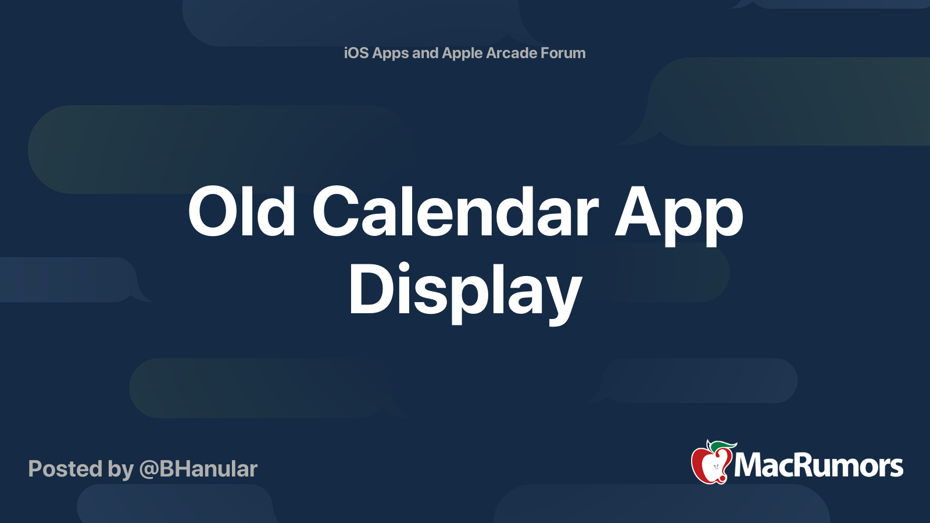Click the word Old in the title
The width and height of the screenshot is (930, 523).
[x=241, y=212]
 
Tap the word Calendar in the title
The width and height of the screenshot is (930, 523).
[x=455, y=212]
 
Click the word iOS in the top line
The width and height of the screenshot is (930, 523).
[x=356, y=53]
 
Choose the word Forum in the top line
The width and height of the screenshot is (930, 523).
[x=563, y=53]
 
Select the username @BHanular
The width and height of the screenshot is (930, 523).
[x=198, y=469]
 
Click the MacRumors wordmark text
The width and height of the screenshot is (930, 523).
[x=818, y=466]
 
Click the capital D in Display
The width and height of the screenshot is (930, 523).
[x=370, y=289]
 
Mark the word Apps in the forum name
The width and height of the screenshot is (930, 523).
[x=391, y=53]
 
